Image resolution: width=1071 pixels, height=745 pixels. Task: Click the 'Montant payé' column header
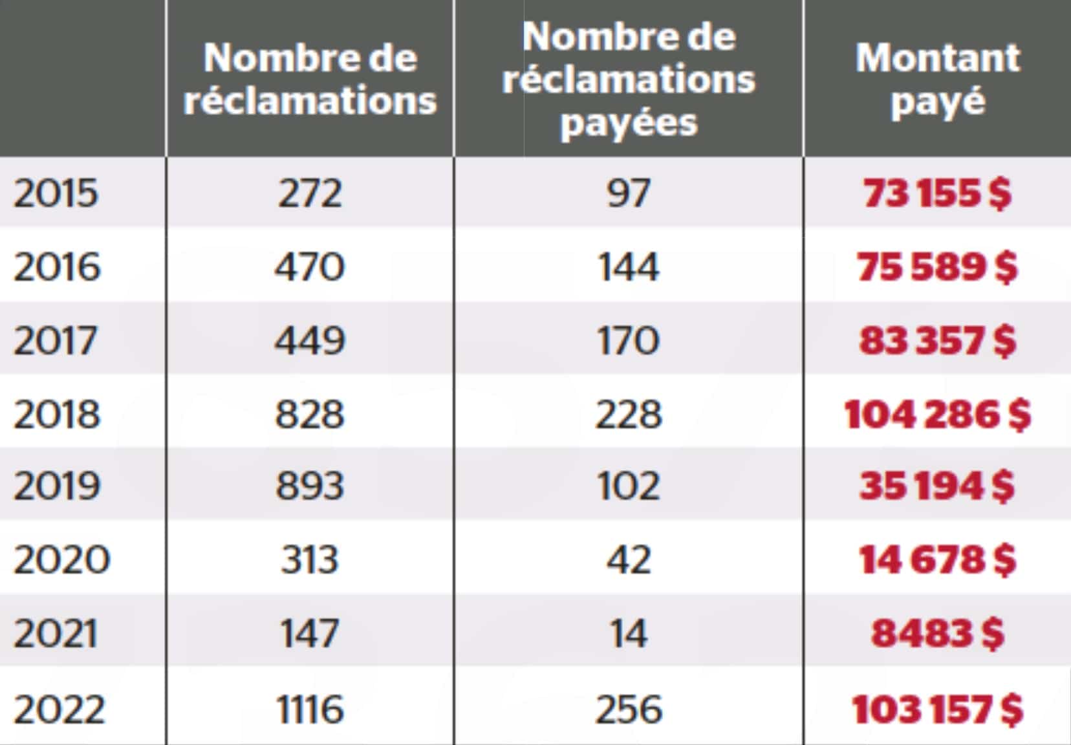(937, 78)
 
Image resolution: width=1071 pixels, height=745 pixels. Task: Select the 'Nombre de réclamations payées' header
(629, 78)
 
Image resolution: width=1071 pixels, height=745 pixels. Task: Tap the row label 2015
(56, 193)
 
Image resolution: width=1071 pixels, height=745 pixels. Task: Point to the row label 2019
(57, 485)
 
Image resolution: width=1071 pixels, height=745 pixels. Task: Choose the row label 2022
(59, 709)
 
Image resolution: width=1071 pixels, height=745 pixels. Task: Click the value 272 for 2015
(310, 193)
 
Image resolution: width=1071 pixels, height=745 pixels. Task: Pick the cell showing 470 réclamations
(310, 266)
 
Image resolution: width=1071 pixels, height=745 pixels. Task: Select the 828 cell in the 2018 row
(310, 414)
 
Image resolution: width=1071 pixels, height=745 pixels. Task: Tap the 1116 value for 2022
(310, 709)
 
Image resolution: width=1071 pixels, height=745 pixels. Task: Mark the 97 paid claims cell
(629, 193)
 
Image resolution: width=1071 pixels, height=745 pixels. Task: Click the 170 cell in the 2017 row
(629, 340)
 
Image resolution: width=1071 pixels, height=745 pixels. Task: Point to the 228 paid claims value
(629, 414)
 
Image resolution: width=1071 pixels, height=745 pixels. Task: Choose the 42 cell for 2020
(629, 559)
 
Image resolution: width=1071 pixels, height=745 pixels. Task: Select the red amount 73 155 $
(937, 193)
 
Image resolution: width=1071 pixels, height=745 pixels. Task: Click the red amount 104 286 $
(937, 414)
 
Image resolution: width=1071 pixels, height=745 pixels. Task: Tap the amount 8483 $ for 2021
(937, 633)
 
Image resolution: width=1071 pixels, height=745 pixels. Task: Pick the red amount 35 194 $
(937, 485)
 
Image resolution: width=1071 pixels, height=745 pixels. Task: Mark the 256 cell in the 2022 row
(629, 709)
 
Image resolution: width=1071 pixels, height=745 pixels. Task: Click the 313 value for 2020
(310, 559)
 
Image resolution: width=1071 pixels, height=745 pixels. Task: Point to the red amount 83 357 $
(937, 340)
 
